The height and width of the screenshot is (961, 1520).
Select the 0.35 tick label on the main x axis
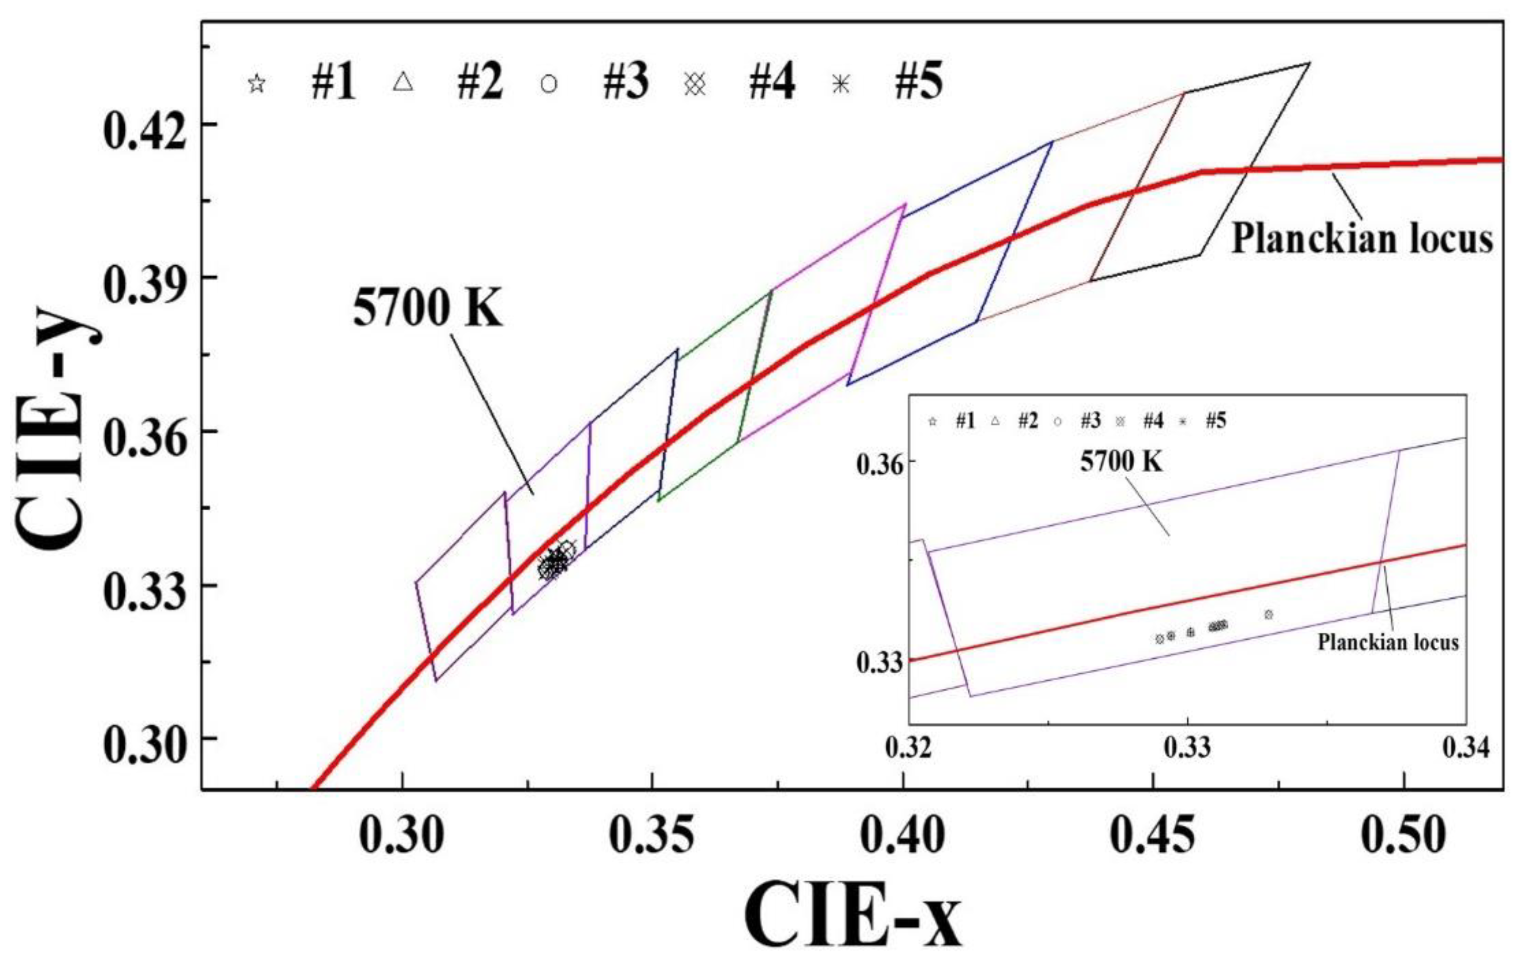coord(652,837)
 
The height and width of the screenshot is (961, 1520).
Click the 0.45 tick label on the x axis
coord(1153,837)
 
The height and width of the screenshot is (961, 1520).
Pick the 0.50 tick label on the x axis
coord(1403,837)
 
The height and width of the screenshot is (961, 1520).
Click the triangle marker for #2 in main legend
coord(403,83)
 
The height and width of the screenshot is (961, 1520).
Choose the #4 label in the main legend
coord(771,83)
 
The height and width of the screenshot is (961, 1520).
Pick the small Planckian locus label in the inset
coord(1387,643)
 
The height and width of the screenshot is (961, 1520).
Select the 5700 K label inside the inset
coord(1121,462)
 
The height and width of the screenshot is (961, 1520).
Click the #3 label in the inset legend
coord(1090,421)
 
